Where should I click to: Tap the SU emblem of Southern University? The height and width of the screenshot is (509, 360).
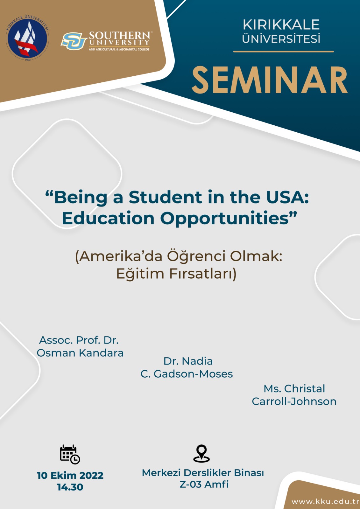[x=74, y=41]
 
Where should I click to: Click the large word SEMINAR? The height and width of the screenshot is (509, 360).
[x=270, y=80]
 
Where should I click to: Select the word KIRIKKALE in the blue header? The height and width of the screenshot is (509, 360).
[x=281, y=25]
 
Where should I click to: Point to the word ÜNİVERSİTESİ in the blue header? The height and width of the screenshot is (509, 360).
[x=281, y=38]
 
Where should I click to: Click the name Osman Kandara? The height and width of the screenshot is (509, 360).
[x=80, y=353]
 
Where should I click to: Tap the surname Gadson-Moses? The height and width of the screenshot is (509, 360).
[x=193, y=374]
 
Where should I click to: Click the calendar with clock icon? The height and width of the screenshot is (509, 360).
[x=70, y=454]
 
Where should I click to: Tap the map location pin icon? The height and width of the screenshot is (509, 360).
[x=201, y=454]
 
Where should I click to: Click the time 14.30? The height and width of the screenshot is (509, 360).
[x=70, y=487]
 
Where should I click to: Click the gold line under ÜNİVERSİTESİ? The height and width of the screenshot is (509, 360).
[x=283, y=52]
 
